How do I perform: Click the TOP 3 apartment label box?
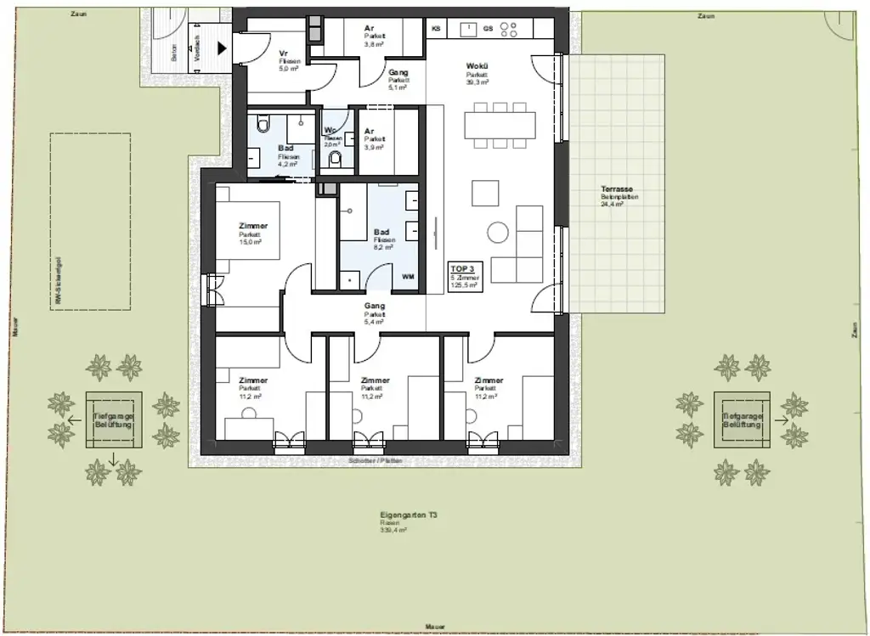(x=466, y=276)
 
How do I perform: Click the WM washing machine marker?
(x=408, y=277)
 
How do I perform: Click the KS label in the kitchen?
(x=437, y=29)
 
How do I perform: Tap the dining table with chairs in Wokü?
(x=500, y=126)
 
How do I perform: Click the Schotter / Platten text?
(x=375, y=460)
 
